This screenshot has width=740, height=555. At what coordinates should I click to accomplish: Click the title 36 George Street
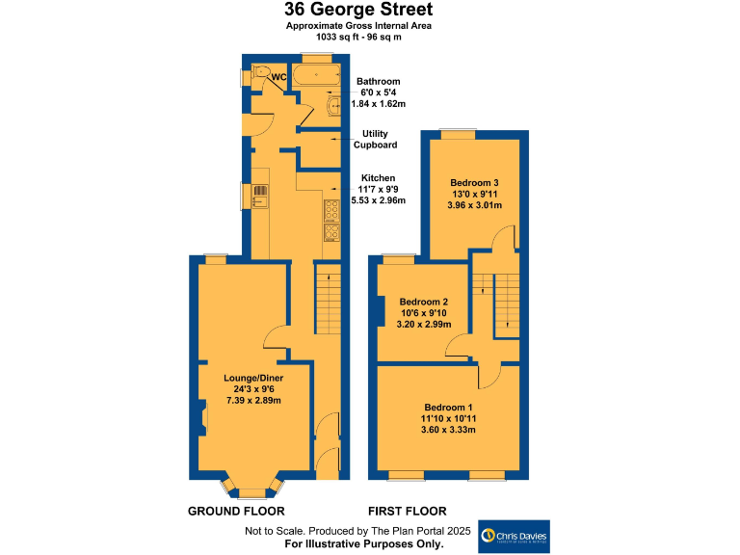(357, 10)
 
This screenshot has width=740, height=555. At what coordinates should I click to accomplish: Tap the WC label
(278, 76)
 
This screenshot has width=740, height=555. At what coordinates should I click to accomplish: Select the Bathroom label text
(378, 81)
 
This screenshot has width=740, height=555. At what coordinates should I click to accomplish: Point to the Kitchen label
(378, 178)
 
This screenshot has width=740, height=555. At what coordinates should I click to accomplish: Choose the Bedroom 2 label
(424, 300)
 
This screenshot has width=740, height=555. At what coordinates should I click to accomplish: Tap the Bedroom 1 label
(449, 406)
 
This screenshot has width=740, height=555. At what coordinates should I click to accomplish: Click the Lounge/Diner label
(252, 377)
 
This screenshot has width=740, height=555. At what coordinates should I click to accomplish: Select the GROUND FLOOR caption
(236, 510)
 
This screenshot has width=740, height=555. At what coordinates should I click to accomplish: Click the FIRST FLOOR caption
(408, 510)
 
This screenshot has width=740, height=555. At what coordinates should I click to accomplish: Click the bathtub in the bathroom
(315, 76)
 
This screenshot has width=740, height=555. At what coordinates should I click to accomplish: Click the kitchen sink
(261, 195)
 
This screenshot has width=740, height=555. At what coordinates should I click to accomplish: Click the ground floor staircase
(328, 298)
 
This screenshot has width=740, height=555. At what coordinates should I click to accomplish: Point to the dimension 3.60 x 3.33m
(449, 430)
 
